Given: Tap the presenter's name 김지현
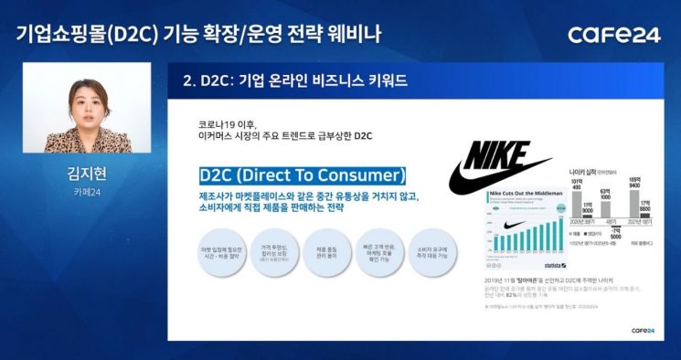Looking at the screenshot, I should [x=87, y=174].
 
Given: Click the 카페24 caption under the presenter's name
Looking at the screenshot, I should [x=87, y=193].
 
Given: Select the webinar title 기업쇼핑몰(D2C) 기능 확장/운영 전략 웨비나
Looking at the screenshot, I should [x=197, y=35].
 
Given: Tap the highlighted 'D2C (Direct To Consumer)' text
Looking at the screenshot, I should [x=302, y=175].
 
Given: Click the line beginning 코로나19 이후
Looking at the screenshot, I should [x=229, y=124].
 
